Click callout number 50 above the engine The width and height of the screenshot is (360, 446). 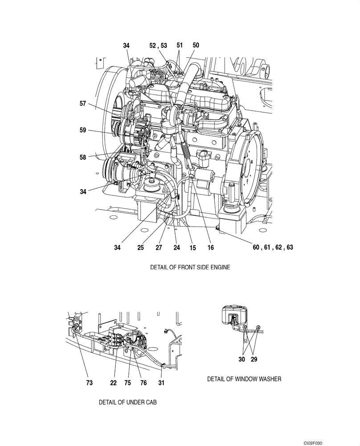click(196, 45)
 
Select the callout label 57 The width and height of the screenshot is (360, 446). click(82, 103)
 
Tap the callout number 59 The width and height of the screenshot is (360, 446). click(82, 130)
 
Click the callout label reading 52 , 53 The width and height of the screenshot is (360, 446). click(158, 45)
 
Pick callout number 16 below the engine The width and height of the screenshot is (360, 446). click(211, 247)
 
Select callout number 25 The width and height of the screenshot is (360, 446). click(140, 247)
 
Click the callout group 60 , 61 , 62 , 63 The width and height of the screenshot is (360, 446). click(273, 247)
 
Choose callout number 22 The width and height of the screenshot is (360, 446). click(114, 382)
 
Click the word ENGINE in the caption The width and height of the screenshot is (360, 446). click(219, 268)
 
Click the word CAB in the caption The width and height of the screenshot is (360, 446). click(151, 402)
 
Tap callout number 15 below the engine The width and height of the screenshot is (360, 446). click(192, 247)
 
